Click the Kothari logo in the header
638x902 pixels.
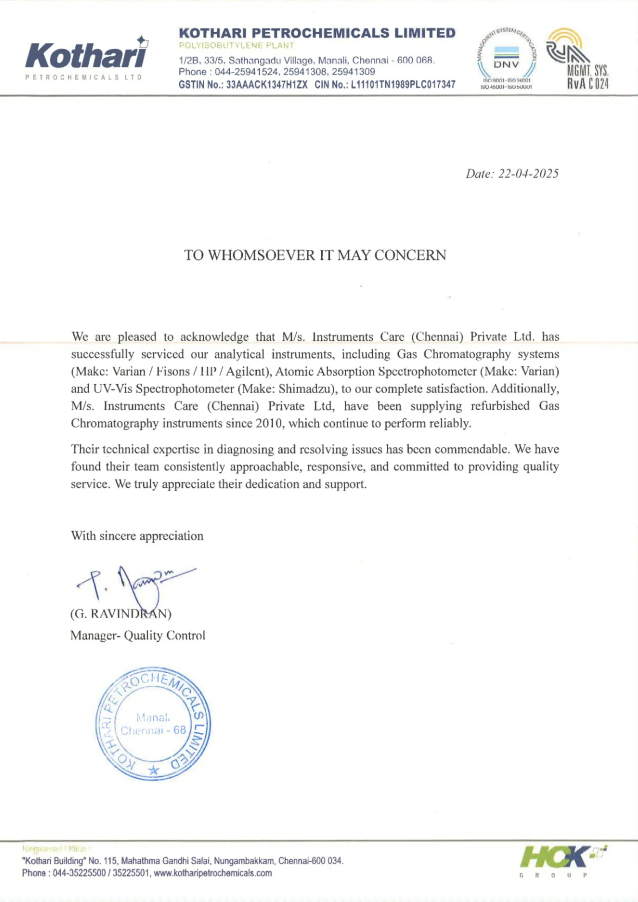(86, 57)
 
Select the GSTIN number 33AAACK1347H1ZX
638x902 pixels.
(267, 85)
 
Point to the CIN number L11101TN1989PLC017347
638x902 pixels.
(403, 85)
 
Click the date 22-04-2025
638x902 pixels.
(528, 174)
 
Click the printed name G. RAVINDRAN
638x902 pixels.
(120, 614)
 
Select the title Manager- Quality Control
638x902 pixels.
(137, 635)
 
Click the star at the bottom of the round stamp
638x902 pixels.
(154, 770)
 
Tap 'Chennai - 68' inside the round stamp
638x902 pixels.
(153, 730)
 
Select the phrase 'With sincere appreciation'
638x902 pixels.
(137, 536)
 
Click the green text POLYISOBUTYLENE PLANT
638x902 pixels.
(236, 45)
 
